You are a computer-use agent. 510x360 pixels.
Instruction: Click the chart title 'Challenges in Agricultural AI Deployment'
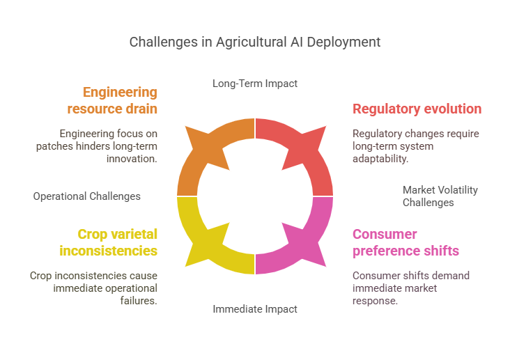(x=255, y=42)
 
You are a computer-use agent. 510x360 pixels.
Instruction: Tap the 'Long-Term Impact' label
(x=255, y=84)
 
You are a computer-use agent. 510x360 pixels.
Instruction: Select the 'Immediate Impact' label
(x=255, y=308)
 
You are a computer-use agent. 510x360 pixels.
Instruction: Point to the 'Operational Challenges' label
(x=87, y=196)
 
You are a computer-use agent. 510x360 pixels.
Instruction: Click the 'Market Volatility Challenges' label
(x=440, y=196)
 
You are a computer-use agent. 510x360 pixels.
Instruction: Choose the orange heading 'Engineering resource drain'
(x=112, y=101)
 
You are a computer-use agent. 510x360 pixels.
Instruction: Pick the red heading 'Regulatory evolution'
(x=417, y=109)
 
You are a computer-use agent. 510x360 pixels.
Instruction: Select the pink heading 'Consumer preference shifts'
(x=405, y=242)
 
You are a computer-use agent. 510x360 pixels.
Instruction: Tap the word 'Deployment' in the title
(x=346, y=42)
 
